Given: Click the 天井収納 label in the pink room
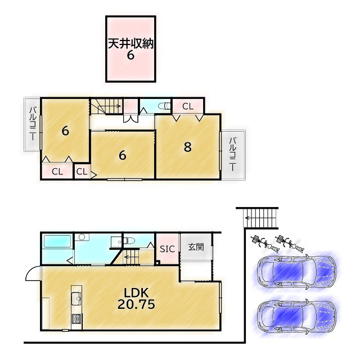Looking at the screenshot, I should (x=130, y=43).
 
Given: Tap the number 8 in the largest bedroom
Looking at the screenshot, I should (x=188, y=147).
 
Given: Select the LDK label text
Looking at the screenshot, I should (x=136, y=292).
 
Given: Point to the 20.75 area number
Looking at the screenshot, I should (x=136, y=304).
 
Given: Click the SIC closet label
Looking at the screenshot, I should (x=167, y=249).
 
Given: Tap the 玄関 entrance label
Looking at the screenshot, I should (x=196, y=247).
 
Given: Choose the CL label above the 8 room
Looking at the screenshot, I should (x=187, y=106).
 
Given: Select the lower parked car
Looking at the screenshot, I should (x=296, y=316).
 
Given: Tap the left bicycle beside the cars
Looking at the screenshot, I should (x=260, y=241).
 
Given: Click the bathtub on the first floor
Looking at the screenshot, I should (x=57, y=242).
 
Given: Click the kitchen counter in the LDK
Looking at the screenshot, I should (x=76, y=307).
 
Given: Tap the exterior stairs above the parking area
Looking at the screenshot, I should (x=261, y=217).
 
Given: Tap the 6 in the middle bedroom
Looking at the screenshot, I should (x=122, y=156).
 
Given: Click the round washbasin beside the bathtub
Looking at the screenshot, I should (x=81, y=238).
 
